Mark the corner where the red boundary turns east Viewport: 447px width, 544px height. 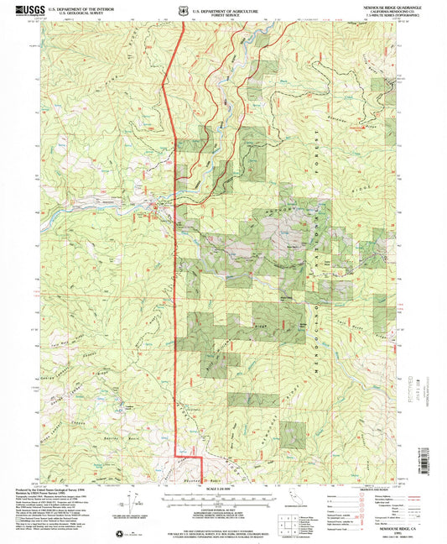point(175,455)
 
